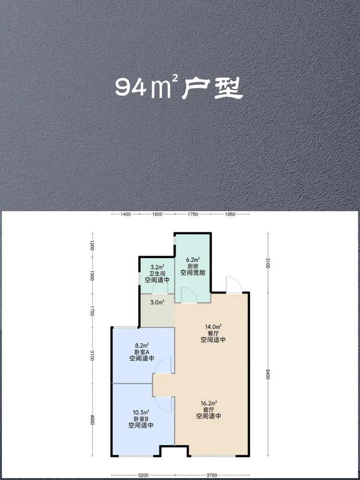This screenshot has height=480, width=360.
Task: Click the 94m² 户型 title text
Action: pos(180,88)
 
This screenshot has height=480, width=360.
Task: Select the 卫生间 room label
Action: pos(157,274)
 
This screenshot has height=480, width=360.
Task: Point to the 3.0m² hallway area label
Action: pos(157,303)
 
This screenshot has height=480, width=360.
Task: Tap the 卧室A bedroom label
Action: pos(141,351)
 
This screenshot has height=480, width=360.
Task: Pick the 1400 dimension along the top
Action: pos(126,214)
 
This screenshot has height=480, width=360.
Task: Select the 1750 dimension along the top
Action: pos(193,214)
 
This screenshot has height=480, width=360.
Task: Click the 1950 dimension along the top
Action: pos(230,214)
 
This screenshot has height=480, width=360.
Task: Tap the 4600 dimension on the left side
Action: pos(92,420)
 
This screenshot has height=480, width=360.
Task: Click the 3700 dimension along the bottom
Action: pos(212,475)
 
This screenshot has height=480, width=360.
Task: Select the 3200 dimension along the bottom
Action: pos(143,475)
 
